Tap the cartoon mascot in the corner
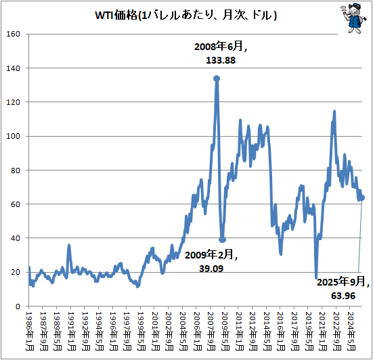pyautogui.click(x=353, y=19)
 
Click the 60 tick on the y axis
pyautogui.click(x=16, y=204)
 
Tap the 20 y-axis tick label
pyautogui.click(x=16, y=272)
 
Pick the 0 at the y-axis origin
pyautogui.click(x=18, y=307)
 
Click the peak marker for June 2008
pyautogui.click(x=217, y=78)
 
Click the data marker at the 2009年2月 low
pyautogui.click(x=223, y=240)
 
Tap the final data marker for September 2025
pyautogui.click(x=362, y=198)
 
